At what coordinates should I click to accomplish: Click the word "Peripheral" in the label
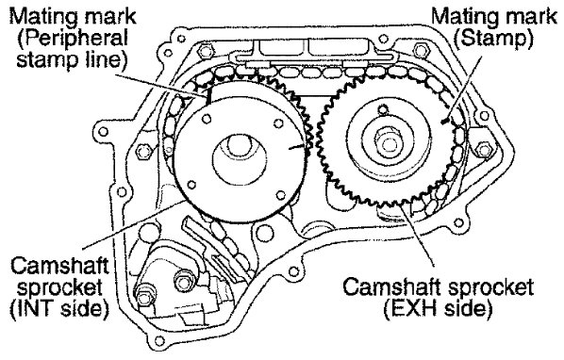tap(73, 38)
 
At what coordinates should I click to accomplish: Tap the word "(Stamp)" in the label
tap(493, 38)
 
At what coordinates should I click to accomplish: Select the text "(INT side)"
tap(59, 309)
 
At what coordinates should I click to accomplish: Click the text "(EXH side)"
tap(438, 308)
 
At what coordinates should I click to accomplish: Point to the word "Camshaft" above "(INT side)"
tap(59, 266)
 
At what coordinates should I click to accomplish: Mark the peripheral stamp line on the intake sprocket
tap(207, 96)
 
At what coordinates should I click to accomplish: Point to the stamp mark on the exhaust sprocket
tap(446, 121)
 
